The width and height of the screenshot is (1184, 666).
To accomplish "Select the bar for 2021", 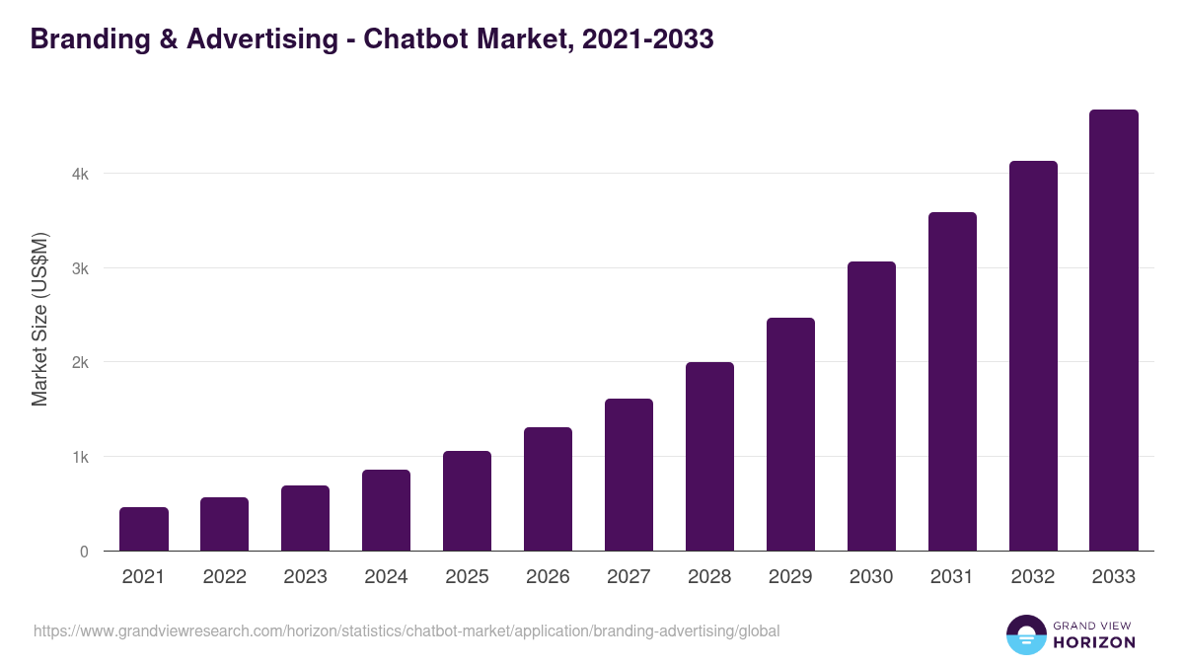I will click(x=144, y=529).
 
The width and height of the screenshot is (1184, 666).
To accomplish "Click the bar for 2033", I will click(x=1114, y=331).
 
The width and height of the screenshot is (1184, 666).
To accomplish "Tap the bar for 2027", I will click(x=629, y=475).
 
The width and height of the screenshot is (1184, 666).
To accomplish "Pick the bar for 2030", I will click(x=871, y=407).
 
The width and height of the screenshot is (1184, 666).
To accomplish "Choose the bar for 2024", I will click(x=386, y=510).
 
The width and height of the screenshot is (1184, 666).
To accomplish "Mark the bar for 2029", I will click(x=790, y=434).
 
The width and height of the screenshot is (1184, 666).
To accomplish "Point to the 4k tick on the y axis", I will click(x=80, y=175).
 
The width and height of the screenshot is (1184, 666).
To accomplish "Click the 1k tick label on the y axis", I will click(x=80, y=458).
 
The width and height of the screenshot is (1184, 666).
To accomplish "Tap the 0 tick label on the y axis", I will click(x=84, y=552).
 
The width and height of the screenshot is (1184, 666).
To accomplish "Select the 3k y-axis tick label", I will click(x=80, y=268).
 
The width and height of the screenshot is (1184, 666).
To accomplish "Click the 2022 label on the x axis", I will click(x=225, y=577).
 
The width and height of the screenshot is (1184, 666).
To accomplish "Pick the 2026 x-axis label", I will click(x=548, y=577).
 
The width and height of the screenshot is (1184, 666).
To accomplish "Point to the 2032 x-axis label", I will click(x=1033, y=577).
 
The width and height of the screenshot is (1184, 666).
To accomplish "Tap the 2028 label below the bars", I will click(x=709, y=577).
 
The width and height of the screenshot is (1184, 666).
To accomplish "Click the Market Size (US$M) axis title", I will click(x=39, y=320).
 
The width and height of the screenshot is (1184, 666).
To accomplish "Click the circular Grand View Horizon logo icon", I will click(x=1025, y=634).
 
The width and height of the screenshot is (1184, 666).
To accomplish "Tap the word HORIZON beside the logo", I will click(x=1094, y=642).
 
